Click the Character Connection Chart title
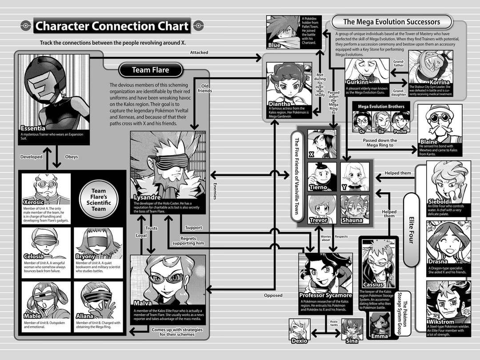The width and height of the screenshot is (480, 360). click(112, 26)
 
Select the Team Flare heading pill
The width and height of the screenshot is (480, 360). click(151, 70)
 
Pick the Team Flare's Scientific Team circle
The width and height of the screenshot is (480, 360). click(99, 200)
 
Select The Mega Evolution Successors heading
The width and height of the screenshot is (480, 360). click(392, 22)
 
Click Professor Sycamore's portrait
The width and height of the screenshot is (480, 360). click(325, 273)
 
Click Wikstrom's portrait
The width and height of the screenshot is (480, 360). click(448, 302)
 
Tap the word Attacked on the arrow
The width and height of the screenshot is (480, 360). click(199, 52)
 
